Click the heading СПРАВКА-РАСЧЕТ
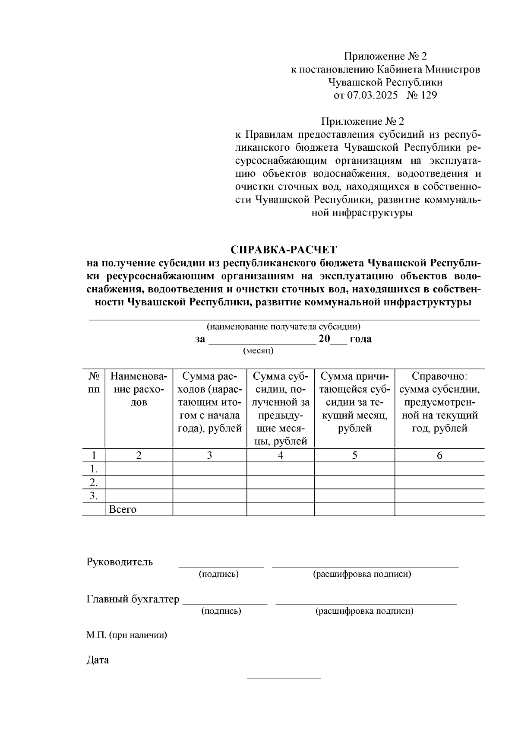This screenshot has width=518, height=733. (283, 250)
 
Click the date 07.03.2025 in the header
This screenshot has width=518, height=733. (373, 95)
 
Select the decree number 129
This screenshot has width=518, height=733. (428, 95)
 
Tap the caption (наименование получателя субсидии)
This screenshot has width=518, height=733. (283, 327)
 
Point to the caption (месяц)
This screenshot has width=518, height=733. (258, 350)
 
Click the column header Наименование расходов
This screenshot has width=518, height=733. (139, 389)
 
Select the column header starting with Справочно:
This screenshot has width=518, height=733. (439, 402)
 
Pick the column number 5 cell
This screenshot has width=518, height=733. (354, 455)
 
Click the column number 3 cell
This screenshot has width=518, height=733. (209, 455)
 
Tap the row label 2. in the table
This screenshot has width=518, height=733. (93, 482)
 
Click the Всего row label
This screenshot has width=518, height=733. (123, 509)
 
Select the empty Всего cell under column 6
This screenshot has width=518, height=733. (439, 509)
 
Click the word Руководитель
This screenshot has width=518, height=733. (120, 562)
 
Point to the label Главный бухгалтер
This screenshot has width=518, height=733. (133, 599)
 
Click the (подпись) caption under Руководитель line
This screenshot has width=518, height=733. (218, 574)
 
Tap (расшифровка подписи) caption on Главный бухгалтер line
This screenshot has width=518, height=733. (364, 611)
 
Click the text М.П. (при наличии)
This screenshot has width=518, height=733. (126, 635)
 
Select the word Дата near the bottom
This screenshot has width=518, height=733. (98, 660)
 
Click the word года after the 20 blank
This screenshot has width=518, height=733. (360, 339)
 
